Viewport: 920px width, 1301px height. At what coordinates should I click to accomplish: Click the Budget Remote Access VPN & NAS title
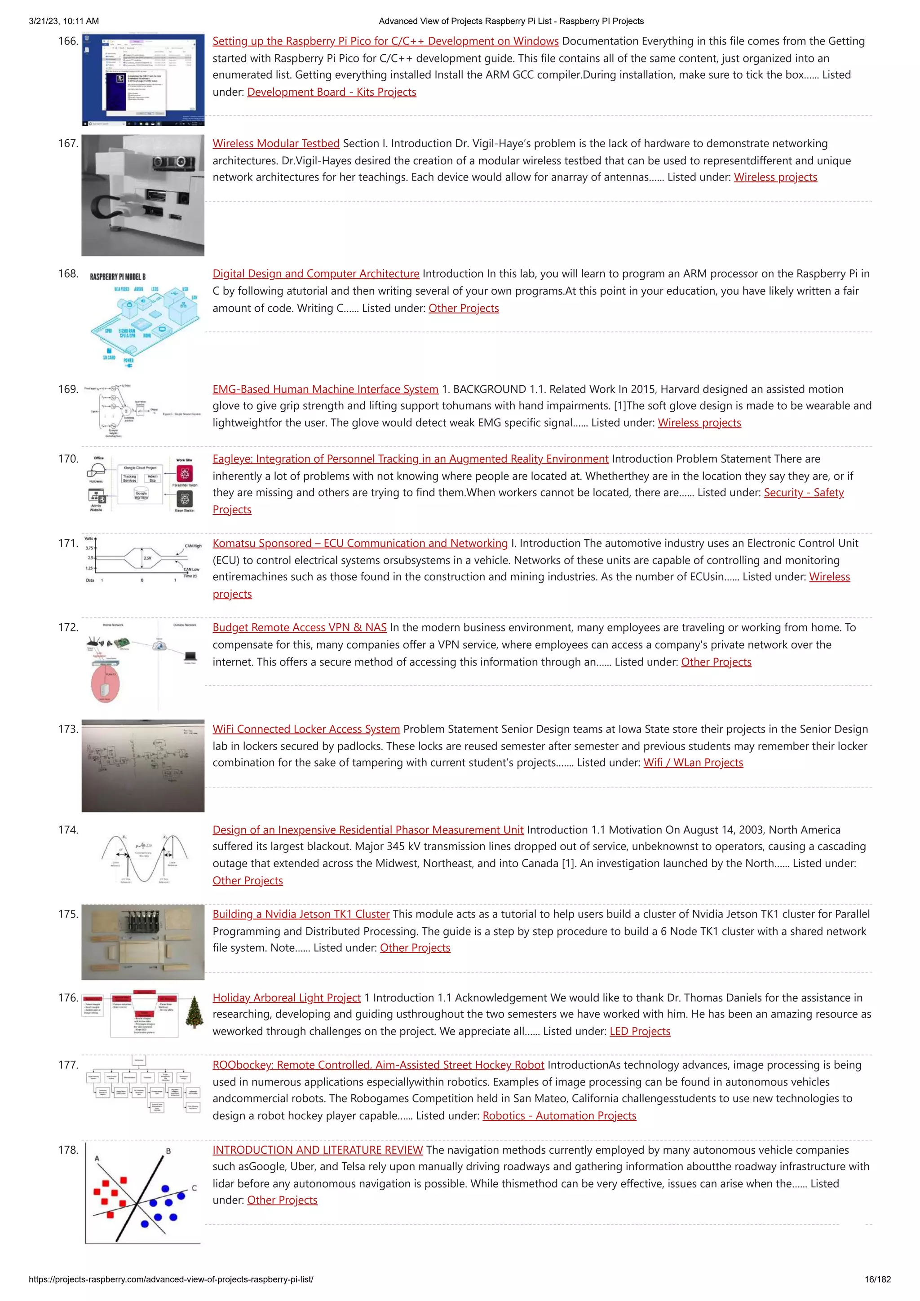click(x=299, y=627)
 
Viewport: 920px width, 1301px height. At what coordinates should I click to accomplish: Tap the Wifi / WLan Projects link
click(x=693, y=763)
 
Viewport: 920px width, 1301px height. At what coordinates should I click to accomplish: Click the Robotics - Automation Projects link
click(x=559, y=1116)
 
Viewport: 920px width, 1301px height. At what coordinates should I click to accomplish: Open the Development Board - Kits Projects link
click(x=332, y=92)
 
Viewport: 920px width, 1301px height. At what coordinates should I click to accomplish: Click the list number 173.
click(x=68, y=729)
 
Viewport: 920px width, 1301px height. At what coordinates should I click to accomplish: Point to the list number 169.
click(x=68, y=389)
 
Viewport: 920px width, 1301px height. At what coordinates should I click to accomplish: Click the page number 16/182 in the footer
click(x=877, y=1279)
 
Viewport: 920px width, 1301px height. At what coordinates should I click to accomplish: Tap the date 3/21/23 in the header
click(x=46, y=21)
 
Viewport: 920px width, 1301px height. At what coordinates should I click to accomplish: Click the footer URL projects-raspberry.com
click(x=170, y=1279)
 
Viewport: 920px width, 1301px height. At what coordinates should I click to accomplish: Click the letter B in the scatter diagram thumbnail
click(x=168, y=1151)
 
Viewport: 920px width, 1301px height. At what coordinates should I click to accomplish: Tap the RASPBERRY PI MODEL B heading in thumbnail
click(x=117, y=277)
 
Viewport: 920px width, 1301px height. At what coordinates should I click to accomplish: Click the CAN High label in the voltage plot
click(x=193, y=546)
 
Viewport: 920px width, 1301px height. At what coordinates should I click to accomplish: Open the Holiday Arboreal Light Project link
click(x=286, y=998)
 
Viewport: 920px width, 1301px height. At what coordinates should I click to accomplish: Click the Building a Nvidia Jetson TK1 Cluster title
click(x=301, y=914)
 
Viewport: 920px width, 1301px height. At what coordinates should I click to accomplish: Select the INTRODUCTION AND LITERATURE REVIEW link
click(x=318, y=1150)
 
